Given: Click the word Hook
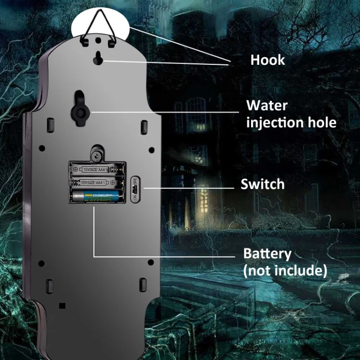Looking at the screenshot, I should click(x=267, y=60).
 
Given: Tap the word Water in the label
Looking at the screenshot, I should click(x=267, y=105).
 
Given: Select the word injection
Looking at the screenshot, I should click(x=275, y=122).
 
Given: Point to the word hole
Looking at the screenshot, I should click(x=320, y=122).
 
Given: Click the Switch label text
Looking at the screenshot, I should click(x=263, y=184).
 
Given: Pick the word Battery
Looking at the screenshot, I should click(x=267, y=253).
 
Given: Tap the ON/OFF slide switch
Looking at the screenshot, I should click(x=135, y=188).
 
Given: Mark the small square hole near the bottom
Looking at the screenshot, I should click(x=61, y=305).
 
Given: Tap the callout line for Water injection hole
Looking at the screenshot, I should click(x=163, y=112).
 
